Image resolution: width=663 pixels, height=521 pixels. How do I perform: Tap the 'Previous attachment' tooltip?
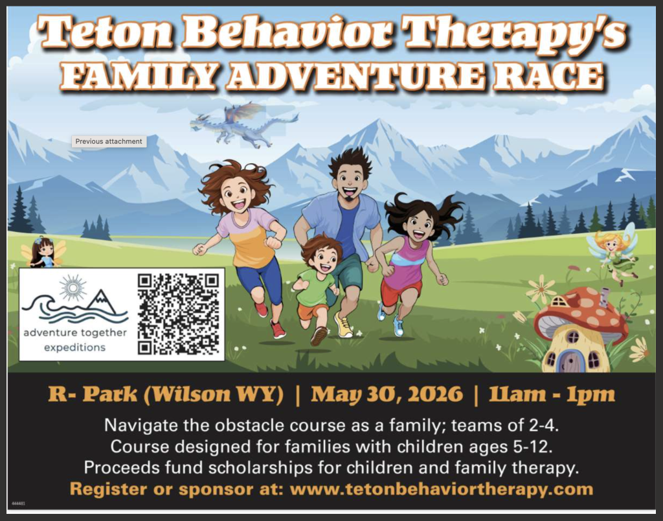click(109, 141)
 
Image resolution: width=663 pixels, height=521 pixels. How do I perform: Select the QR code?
click(179, 314)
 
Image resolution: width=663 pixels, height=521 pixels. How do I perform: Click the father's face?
click(350, 183)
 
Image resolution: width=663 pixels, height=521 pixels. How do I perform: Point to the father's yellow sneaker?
click(343, 325)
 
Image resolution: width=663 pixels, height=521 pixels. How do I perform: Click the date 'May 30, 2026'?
click(387, 395)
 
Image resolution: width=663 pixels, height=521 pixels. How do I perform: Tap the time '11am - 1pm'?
click(552, 395)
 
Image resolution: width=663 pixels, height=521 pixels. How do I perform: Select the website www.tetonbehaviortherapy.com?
click(442, 489)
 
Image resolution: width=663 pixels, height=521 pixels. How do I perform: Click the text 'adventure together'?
click(75, 332)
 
